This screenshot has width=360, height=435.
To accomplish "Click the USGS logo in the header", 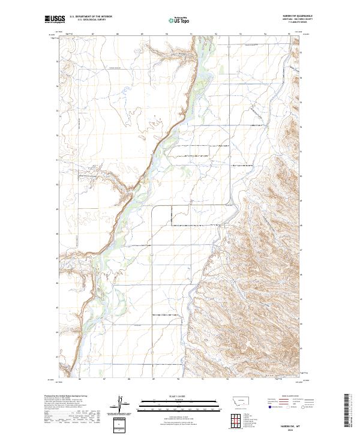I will (x=55, y=19).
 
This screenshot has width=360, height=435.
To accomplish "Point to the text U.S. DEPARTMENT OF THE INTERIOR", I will (x=91, y=16).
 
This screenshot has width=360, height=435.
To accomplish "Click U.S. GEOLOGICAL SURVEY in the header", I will (x=91, y=19).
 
